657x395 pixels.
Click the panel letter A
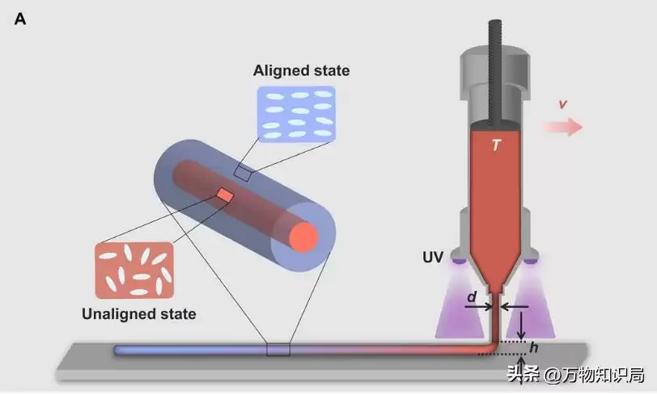click(x=20, y=19)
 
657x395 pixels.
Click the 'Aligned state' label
click(x=301, y=71)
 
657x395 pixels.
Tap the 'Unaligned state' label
click(x=138, y=313)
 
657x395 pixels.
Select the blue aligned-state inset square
click(x=295, y=115)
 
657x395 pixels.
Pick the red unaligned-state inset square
click(x=134, y=269)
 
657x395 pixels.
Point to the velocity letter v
click(x=562, y=104)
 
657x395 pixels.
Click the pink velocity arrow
click(x=563, y=127)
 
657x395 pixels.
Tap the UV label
click(x=433, y=258)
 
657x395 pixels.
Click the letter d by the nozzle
click(x=471, y=296)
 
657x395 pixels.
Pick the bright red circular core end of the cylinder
click(x=304, y=237)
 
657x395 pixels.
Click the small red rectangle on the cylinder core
click(x=225, y=195)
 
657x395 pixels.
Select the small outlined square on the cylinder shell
click(x=243, y=172)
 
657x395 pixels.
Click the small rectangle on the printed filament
click(x=278, y=350)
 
